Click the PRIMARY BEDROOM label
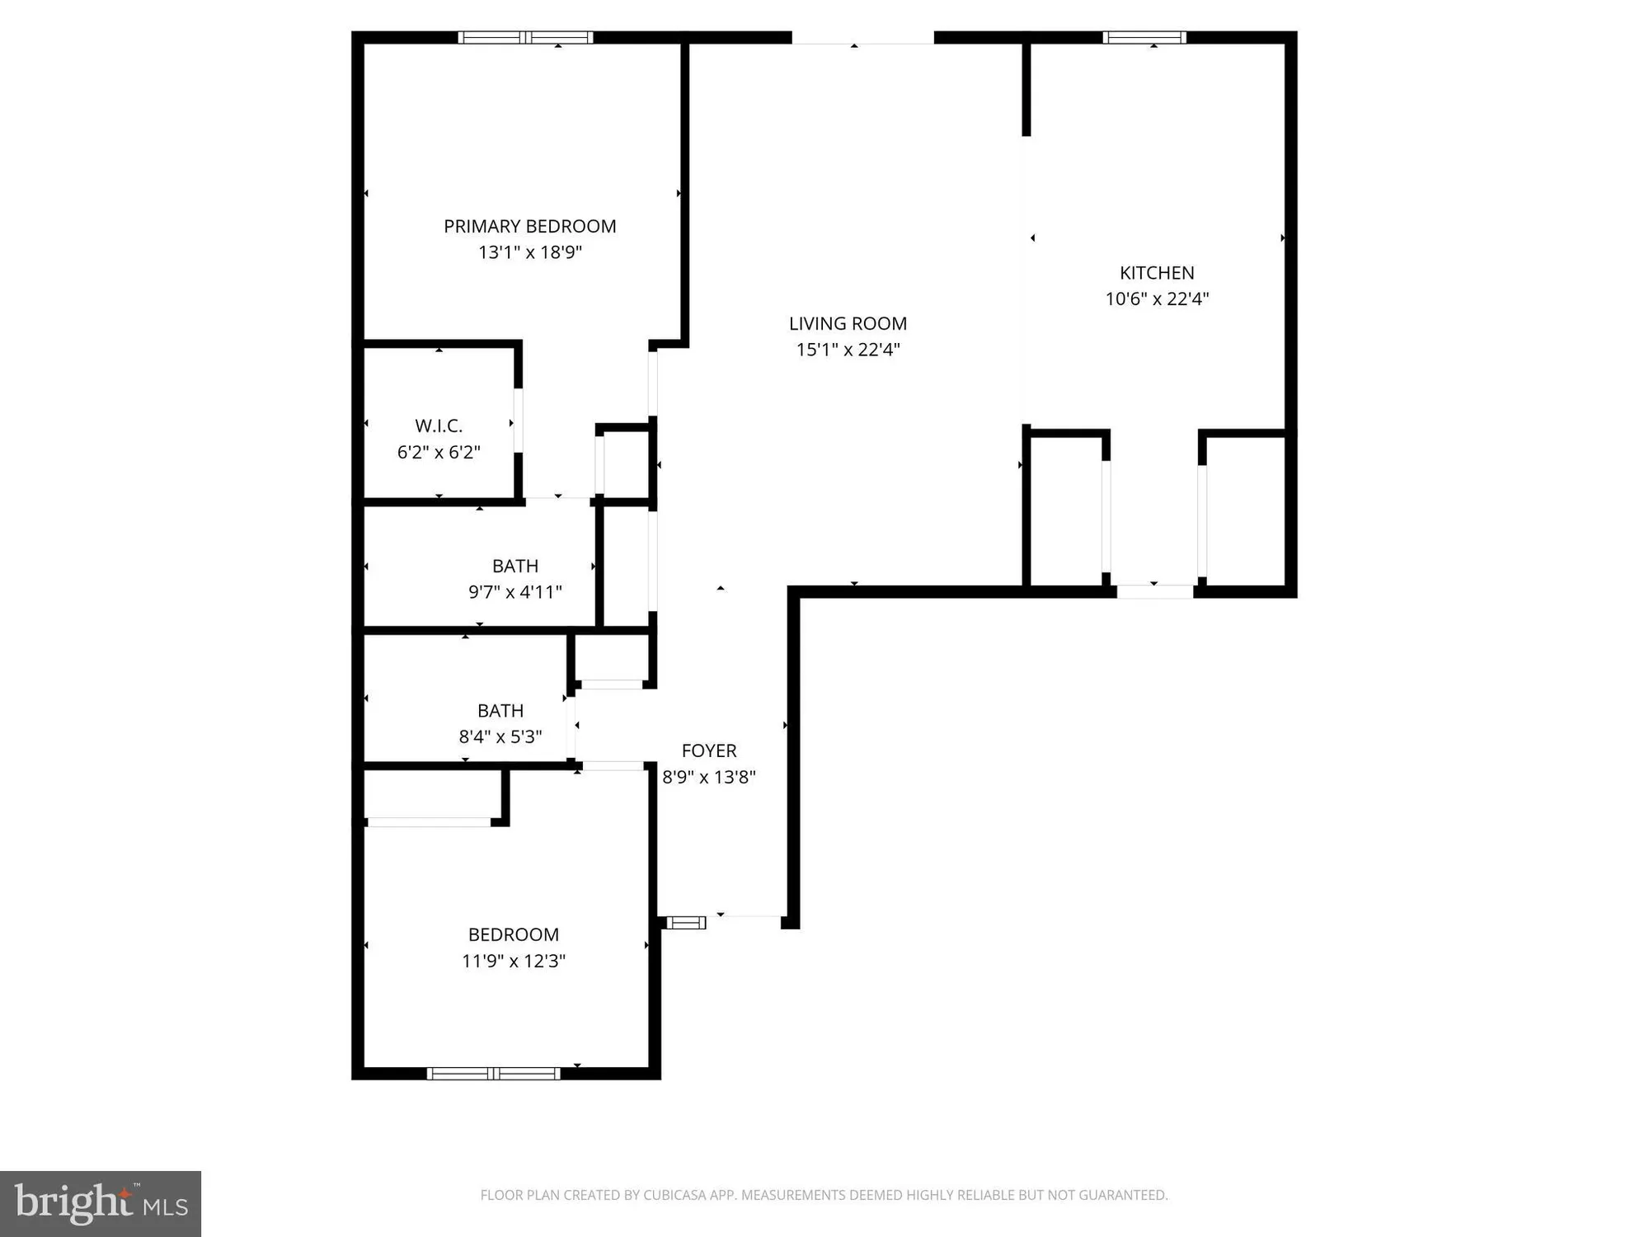[529, 226]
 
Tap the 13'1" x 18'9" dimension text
[529, 252]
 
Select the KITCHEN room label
[1156, 273]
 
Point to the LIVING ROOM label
[848, 324]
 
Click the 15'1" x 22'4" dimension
[848, 350]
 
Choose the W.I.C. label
[438, 426]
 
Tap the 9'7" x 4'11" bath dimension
[514, 592]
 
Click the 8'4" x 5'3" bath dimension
[500, 736]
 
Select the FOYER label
[708, 751]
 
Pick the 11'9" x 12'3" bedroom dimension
[513, 961]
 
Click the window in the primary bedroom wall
[525, 37]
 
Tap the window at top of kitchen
[1144, 37]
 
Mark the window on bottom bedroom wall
[493, 1073]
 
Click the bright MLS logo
[101, 1203]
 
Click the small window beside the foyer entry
[686, 922]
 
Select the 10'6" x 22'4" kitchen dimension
[1156, 299]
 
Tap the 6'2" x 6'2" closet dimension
[438, 452]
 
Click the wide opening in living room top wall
[862, 38]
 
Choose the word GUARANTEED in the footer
[1126, 1195]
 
